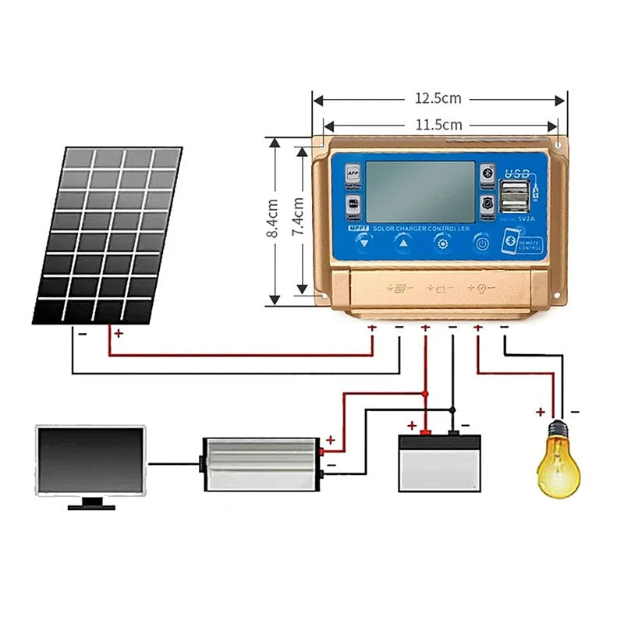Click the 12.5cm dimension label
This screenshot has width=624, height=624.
(x=438, y=99)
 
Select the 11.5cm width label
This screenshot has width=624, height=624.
(x=438, y=125)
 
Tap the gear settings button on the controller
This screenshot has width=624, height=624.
(x=442, y=243)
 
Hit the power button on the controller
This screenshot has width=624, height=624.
(x=483, y=243)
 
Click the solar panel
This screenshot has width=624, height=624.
(x=108, y=234)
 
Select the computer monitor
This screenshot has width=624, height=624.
(x=91, y=463)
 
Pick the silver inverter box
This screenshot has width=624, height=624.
(x=261, y=463)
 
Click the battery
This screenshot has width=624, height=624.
(x=439, y=462)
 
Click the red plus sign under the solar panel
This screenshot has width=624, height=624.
(x=119, y=333)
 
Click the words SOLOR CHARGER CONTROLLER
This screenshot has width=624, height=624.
(x=421, y=229)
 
